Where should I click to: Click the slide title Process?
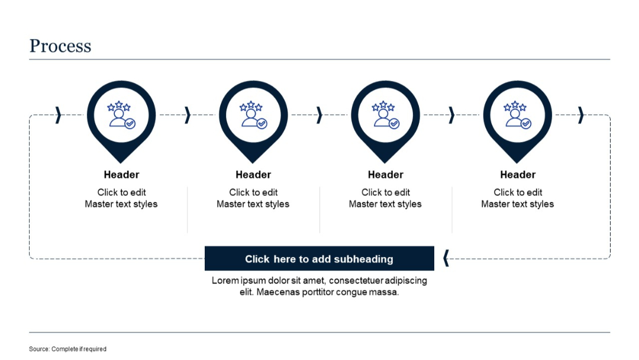[x=60, y=46]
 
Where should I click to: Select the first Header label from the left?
[x=121, y=175]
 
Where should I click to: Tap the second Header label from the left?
[x=253, y=175]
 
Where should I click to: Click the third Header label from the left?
[x=385, y=175]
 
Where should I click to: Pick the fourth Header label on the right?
[x=518, y=175]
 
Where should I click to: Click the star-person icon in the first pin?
[x=121, y=115]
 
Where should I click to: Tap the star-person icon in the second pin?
[x=253, y=115]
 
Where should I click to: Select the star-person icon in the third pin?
[x=385, y=115]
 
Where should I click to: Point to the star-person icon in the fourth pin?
[x=517, y=115]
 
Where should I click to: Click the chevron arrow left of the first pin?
[x=58, y=115]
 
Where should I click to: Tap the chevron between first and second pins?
[x=188, y=115]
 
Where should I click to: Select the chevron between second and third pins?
[x=319, y=115]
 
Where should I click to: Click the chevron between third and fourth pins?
[x=451, y=115]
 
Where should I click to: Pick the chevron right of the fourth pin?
[x=581, y=115]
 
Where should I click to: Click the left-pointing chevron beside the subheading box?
[x=446, y=258]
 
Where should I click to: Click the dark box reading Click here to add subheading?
[x=319, y=259]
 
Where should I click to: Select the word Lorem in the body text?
[x=225, y=281]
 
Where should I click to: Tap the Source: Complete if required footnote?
[x=67, y=349]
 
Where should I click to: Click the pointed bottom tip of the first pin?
[x=121, y=161]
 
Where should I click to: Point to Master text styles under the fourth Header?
[x=518, y=204]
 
